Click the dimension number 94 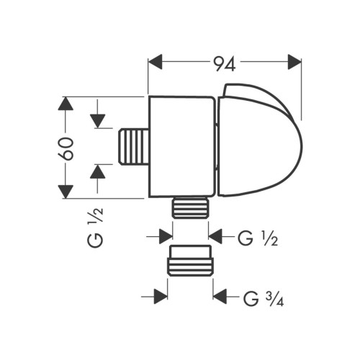click(224, 64)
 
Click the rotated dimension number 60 click(66, 147)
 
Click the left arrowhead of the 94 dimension click(155, 63)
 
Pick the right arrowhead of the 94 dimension click(294, 63)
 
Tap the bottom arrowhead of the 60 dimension click(66, 191)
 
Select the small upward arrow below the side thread click(99, 171)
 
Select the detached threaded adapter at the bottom click(190, 261)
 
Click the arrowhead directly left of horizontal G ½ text click(216, 235)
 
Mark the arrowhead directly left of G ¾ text click(220, 295)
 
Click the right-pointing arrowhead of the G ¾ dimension click(161, 295)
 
